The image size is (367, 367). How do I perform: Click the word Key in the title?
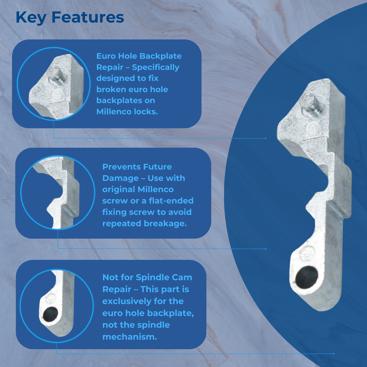(31, 18)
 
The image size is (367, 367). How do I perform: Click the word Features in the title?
(88, 17)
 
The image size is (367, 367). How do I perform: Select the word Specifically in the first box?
(156, 67)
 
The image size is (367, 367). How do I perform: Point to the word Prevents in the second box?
(121, 167)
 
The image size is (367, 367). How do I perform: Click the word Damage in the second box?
(121, 178)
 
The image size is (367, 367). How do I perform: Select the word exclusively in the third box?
(127, 301)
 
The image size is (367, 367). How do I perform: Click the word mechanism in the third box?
(130, 337)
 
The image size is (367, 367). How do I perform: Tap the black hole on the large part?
(306, 278)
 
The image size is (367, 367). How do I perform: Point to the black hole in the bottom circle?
(50, 314)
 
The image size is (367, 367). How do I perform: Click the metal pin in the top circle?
(57, 75)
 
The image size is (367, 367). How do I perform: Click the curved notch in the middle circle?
(59, 189)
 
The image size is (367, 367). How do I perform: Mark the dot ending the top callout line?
(266, 139)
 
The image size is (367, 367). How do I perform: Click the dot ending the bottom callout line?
(334, 354)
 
